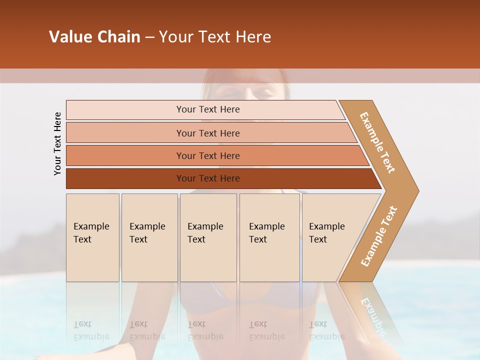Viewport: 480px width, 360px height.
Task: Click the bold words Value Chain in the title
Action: click(x=94, y=37)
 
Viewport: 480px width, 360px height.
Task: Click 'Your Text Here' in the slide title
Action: click(x=215, y=37)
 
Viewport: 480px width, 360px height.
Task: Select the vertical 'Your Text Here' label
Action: click(x=57, y=143)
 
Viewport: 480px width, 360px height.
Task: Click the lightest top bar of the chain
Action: click(x=208, y=109)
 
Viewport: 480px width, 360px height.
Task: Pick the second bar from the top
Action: click(x=208, y=133)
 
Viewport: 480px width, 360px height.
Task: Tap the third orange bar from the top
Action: click(x=208, y=156)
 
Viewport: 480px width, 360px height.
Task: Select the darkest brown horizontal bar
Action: click(x=208, y=178)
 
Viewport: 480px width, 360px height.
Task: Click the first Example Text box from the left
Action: click(x=92, y=237)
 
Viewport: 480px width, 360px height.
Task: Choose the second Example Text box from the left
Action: click(x=149, y=237)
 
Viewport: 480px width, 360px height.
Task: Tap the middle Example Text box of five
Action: click(x=208, y=237)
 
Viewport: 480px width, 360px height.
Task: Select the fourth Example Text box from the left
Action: click(x=269, y=237)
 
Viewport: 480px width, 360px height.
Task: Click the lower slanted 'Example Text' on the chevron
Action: click(x=379, y=236)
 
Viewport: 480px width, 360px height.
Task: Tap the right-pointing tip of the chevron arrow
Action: click(x=414, y=191)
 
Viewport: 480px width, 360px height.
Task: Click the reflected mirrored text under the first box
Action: click(x=91, y=331)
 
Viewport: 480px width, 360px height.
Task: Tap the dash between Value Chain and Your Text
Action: click(x=149, y=37)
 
